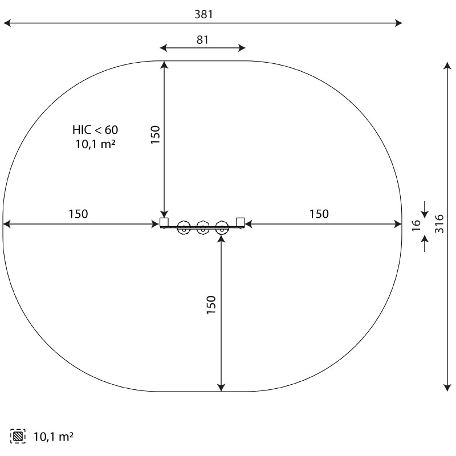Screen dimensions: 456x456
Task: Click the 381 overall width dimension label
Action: (x=203, y=14)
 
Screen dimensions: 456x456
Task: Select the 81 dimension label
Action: (x=202, y=40)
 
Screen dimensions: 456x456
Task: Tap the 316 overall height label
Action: (x=439, y=223)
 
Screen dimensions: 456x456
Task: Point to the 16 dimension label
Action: (x=417, y=225)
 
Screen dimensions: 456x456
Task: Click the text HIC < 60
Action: (x=95, y=130)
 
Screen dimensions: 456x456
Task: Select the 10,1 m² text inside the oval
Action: (x=95, y=144)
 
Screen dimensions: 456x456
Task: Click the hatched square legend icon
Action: (x=18, y=436)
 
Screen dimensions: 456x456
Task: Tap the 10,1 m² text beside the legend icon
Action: (x=54, y=437)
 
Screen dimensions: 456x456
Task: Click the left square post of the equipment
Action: (x=164, y=222)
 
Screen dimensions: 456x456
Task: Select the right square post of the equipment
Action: (x=241, y=222)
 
